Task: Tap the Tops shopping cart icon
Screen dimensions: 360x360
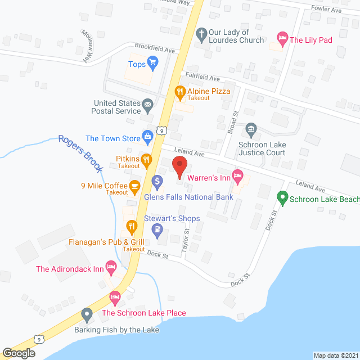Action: (152, 63)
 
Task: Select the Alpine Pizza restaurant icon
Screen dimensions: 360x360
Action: (180, 91)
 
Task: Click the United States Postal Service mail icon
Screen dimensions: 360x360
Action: (147, 104)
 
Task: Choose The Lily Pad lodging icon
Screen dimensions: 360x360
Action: (282, 39)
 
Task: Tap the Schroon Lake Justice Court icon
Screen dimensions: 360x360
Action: (251, 131)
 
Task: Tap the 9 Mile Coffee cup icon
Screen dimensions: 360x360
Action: (134, 185)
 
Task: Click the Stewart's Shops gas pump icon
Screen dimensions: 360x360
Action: (157, 229)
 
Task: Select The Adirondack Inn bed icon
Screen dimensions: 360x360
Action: (111, 268)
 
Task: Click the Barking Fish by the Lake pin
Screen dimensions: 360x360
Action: (87, 314)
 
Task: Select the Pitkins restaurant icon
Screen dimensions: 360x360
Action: (146, 160)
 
